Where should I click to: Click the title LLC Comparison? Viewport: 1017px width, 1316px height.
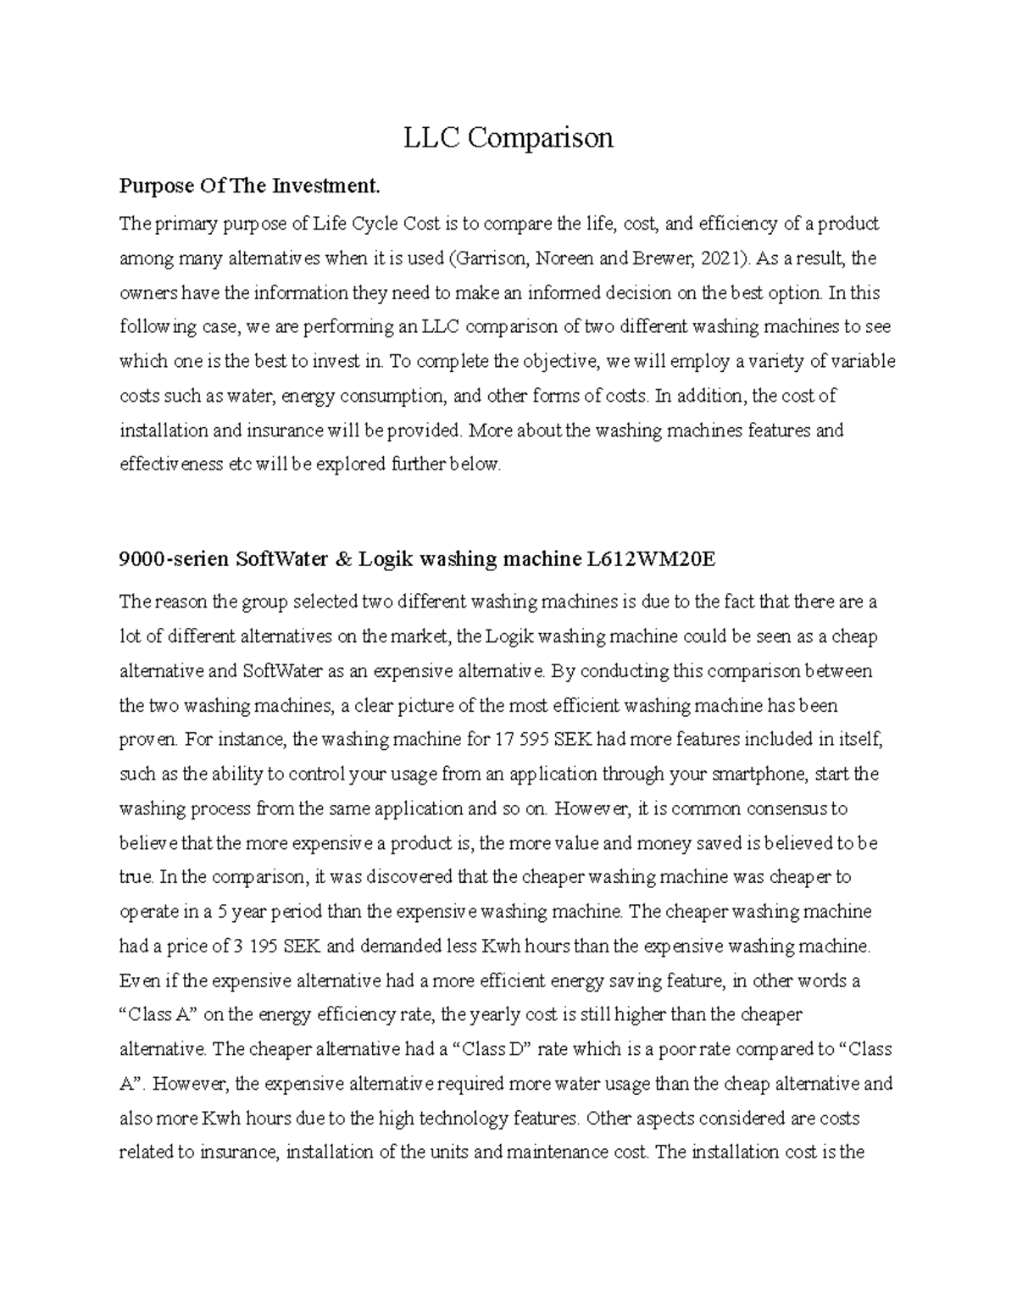pos(508,137)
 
